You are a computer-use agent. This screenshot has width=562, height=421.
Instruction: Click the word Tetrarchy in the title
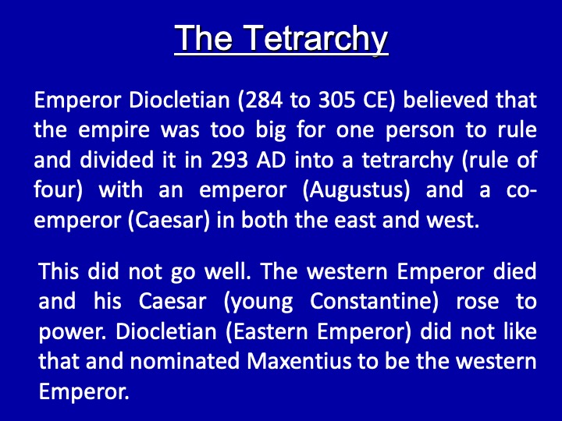point(317,39)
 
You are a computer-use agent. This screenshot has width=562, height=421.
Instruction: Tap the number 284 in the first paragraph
point(264,100)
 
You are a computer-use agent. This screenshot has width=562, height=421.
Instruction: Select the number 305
point(336,100)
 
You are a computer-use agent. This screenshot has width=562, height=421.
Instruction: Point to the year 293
point(229,160)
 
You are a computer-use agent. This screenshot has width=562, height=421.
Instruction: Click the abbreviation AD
point(271,160)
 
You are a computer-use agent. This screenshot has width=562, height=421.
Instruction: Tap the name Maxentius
point(299,362)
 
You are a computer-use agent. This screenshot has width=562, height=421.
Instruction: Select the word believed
point(446,100)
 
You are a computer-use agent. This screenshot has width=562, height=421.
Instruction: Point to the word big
point(272,131)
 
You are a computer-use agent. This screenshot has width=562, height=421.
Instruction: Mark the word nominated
point(184,362)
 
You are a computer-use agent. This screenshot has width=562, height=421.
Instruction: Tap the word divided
point(116,160)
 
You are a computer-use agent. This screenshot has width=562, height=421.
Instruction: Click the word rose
point(477,302)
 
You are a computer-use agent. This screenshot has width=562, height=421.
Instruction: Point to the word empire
point(114,131)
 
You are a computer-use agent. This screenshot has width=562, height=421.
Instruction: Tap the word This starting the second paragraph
point(59,271)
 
